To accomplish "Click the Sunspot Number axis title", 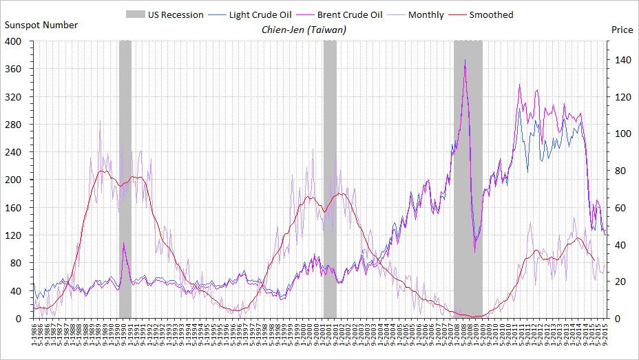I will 41,25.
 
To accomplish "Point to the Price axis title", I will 622,30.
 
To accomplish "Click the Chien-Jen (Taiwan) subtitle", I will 304,30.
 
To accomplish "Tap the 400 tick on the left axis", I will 14,41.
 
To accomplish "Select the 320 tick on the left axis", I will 14,97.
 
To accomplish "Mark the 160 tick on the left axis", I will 14,208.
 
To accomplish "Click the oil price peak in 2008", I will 465,61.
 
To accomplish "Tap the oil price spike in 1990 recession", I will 123,243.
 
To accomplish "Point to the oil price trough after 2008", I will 474,251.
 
